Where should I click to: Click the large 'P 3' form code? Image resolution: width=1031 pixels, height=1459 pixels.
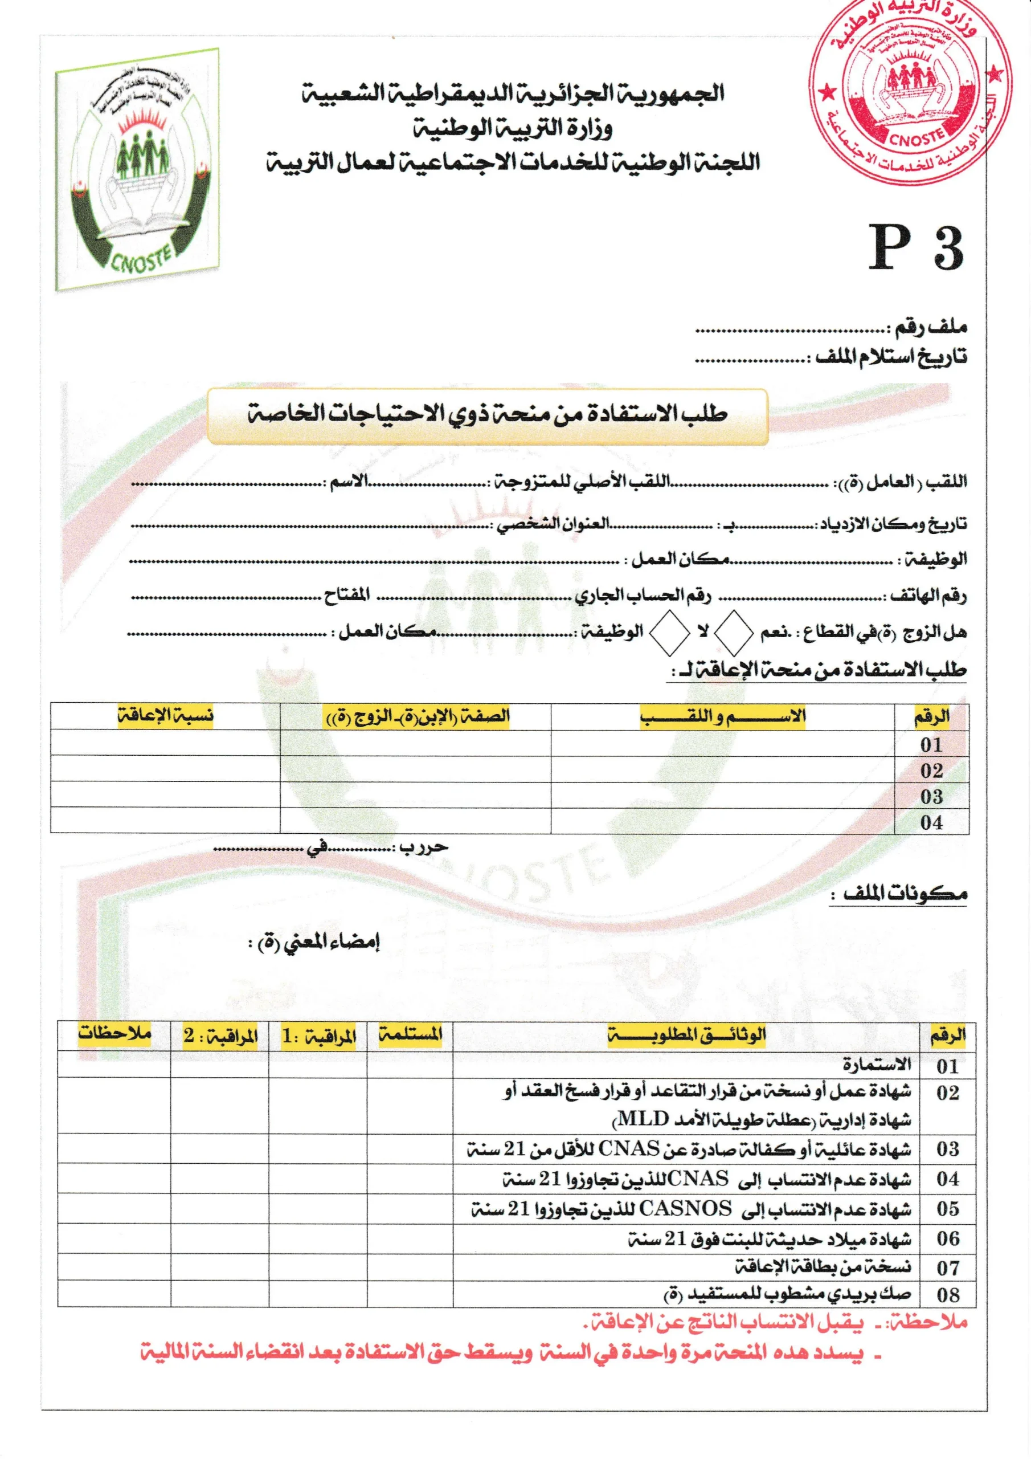915,249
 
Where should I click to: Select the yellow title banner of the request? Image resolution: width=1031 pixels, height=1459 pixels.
487,415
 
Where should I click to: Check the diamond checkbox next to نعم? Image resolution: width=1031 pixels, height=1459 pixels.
733,632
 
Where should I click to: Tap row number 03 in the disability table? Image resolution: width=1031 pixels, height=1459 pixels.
931,796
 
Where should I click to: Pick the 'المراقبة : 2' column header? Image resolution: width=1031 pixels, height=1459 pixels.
220,1036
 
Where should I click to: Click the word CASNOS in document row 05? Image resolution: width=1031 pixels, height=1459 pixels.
685,1208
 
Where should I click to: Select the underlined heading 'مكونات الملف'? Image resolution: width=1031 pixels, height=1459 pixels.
904,894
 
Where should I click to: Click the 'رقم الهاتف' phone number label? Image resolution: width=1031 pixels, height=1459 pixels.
928,596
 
